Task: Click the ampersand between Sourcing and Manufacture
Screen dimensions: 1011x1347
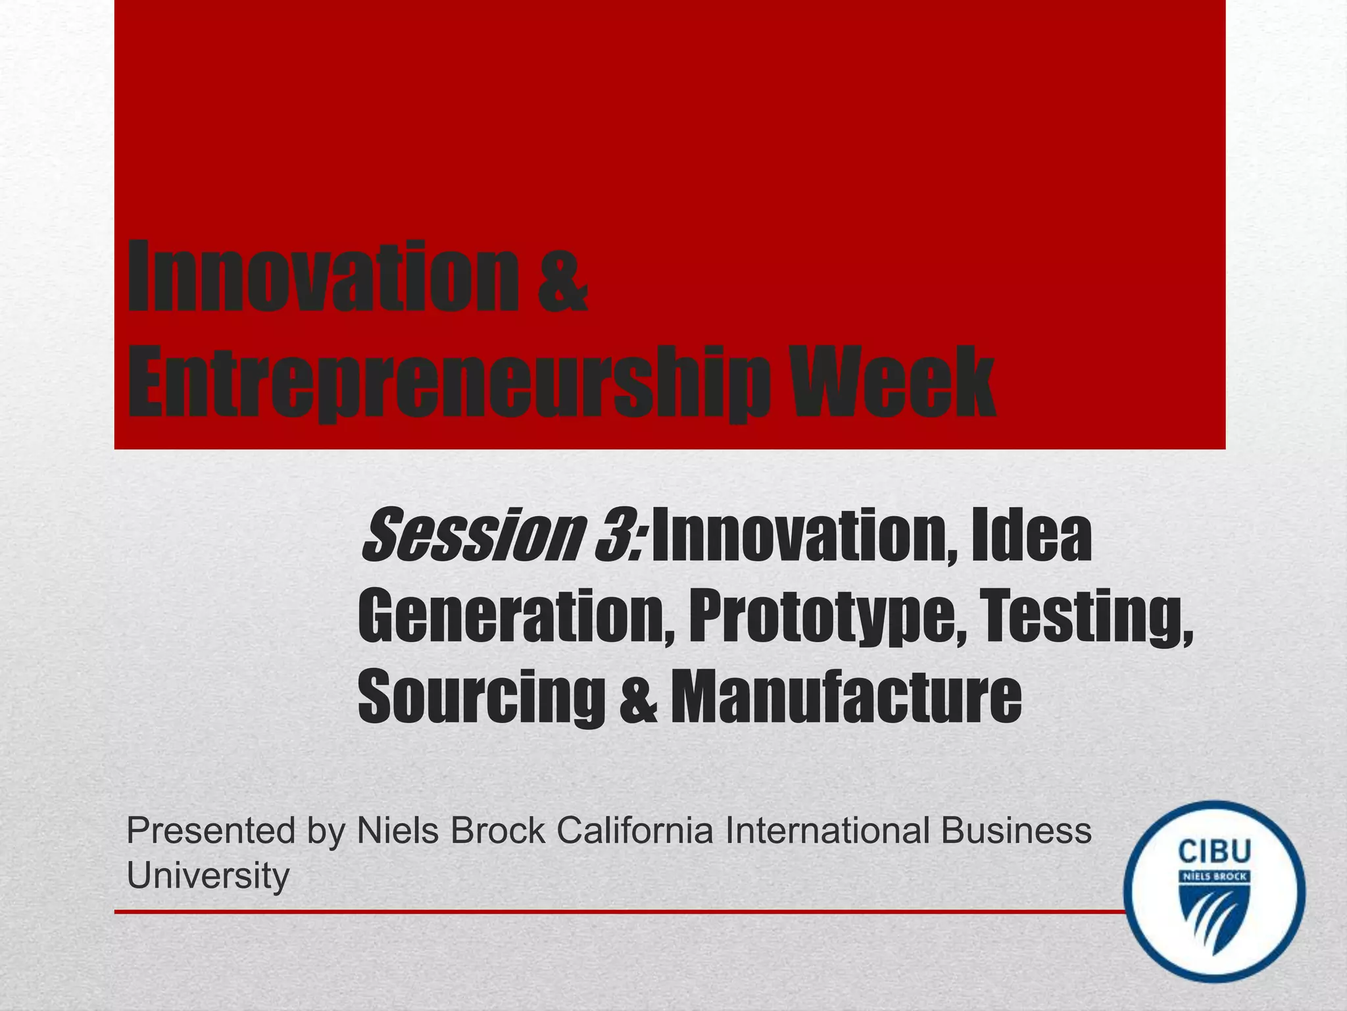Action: pos(637,696)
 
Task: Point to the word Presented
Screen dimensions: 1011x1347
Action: pos(211,831)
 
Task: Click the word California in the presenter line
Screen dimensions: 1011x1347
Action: pos(635,831)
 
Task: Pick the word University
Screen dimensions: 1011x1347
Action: pos(208,875)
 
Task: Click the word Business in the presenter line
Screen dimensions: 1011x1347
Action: pos(1016,831)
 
